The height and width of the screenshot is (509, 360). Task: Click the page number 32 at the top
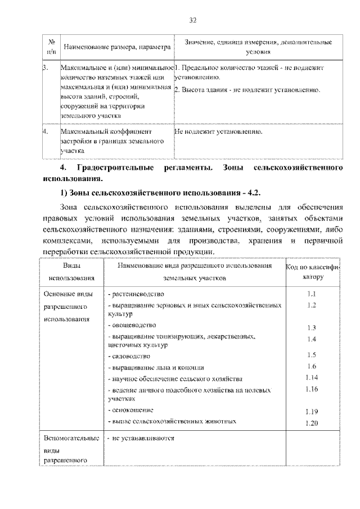click(x=192, y=21)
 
